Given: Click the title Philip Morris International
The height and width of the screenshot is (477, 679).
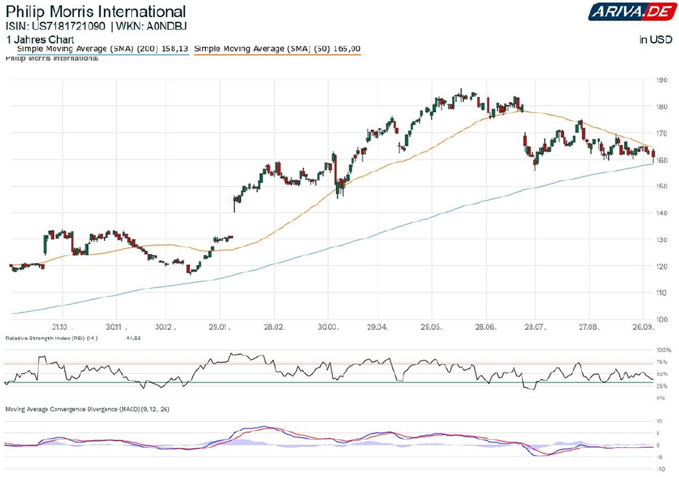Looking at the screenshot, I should (96, 11).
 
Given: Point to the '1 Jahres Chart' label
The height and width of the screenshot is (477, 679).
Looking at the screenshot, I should (40, 40).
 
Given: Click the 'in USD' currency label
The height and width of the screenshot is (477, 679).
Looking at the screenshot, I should (656, 40).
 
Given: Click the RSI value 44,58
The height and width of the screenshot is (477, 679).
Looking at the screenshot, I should (134, 338).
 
